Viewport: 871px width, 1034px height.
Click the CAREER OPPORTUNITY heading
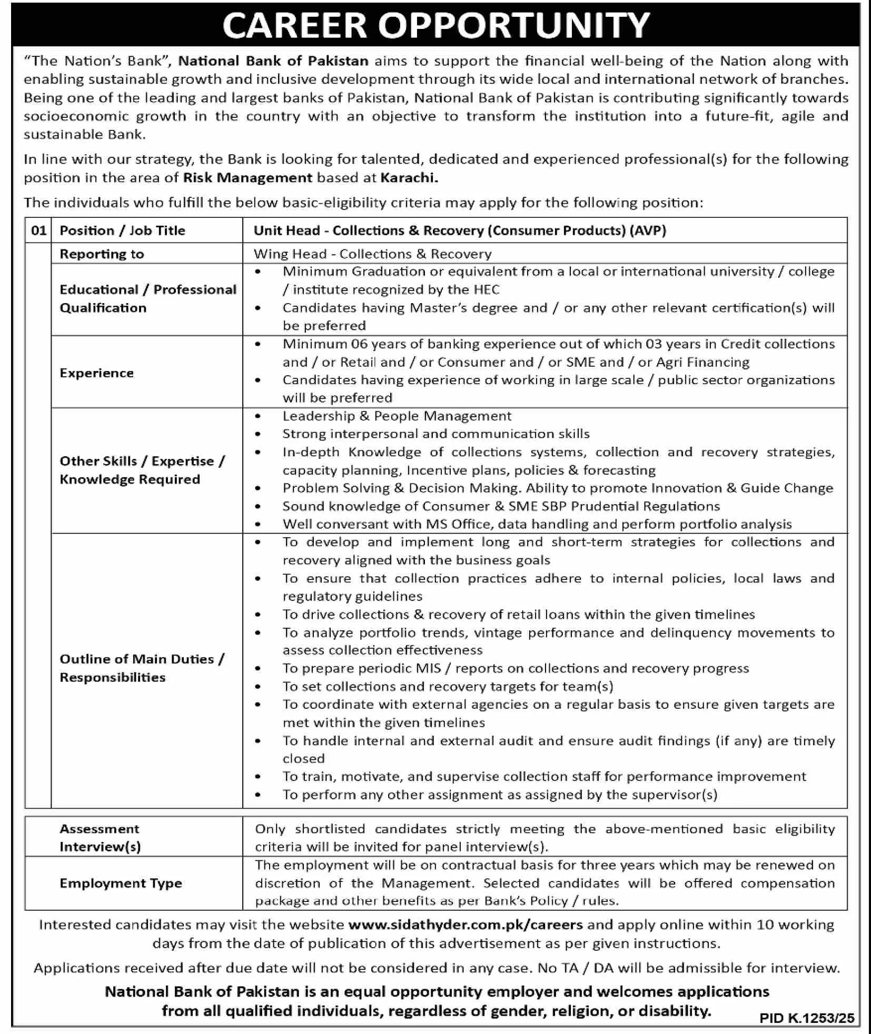[x=436, y=25]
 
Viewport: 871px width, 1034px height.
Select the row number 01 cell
[x=38, y=230]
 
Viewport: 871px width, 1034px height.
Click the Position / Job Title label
[x=122, y=230]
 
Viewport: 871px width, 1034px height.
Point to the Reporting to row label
[x=102, y=254]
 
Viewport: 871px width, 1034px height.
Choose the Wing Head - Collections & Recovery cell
[x=372, y=254]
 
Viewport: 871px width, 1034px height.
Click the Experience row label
[x=96, y=373]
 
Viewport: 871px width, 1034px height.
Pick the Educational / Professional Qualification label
[x=147, y=299]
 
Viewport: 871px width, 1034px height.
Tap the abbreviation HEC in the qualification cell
[x=487, y=290]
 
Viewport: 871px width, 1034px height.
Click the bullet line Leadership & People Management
[x=397, y=416]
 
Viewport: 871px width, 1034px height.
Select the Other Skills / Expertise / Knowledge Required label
[x=142, y=470]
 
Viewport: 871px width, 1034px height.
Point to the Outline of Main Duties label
[x=142, y=668]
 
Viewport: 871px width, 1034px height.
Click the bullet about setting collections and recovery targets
[x=448, y=687]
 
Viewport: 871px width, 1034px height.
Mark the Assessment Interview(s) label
[x=100, y=838]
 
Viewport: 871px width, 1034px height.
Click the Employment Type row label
[x=121, y=884]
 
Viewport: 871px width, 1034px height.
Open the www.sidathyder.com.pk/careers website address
[x=466, y=925]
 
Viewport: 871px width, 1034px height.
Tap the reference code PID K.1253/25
[x=807, y=1019]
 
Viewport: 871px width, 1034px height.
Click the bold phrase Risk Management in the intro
[x=248, y=178]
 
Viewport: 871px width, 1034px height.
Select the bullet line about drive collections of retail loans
[x=518, y=615]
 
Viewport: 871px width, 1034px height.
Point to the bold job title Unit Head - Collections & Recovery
[x=460, y=230]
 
